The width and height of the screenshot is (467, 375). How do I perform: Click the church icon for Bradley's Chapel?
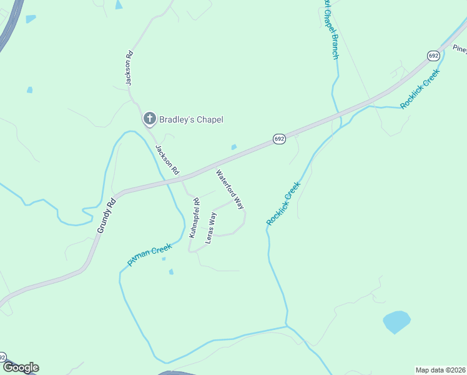(149, 119)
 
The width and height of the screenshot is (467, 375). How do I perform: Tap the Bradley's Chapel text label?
(191, 119)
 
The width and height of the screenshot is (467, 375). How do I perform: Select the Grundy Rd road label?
(107, 216)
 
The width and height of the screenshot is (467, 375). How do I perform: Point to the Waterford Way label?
(230, 189)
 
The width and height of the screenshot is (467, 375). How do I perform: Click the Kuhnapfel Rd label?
(194, 218)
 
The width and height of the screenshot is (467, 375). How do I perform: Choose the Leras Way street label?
(212, 228)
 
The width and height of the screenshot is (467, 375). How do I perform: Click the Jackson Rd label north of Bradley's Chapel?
(129, 67)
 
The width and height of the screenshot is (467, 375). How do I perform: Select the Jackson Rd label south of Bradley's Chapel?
(167, 160)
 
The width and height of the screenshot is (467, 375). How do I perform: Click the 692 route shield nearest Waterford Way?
(279, 138)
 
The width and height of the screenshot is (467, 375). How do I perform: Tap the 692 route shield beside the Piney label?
(433, 56)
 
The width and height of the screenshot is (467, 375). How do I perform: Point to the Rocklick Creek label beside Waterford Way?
(283, 203)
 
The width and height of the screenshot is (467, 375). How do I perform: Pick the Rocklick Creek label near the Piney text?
(420, 88)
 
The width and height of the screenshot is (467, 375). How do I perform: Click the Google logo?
(21, 367)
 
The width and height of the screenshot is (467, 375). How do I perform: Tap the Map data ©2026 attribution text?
(440, 369)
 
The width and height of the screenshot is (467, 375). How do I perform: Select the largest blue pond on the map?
(396, 322)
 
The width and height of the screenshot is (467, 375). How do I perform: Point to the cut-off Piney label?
(460, 49)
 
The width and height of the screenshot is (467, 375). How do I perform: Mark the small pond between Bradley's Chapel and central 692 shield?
(234, 147)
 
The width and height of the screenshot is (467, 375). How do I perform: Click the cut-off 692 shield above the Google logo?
(2, 357)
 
